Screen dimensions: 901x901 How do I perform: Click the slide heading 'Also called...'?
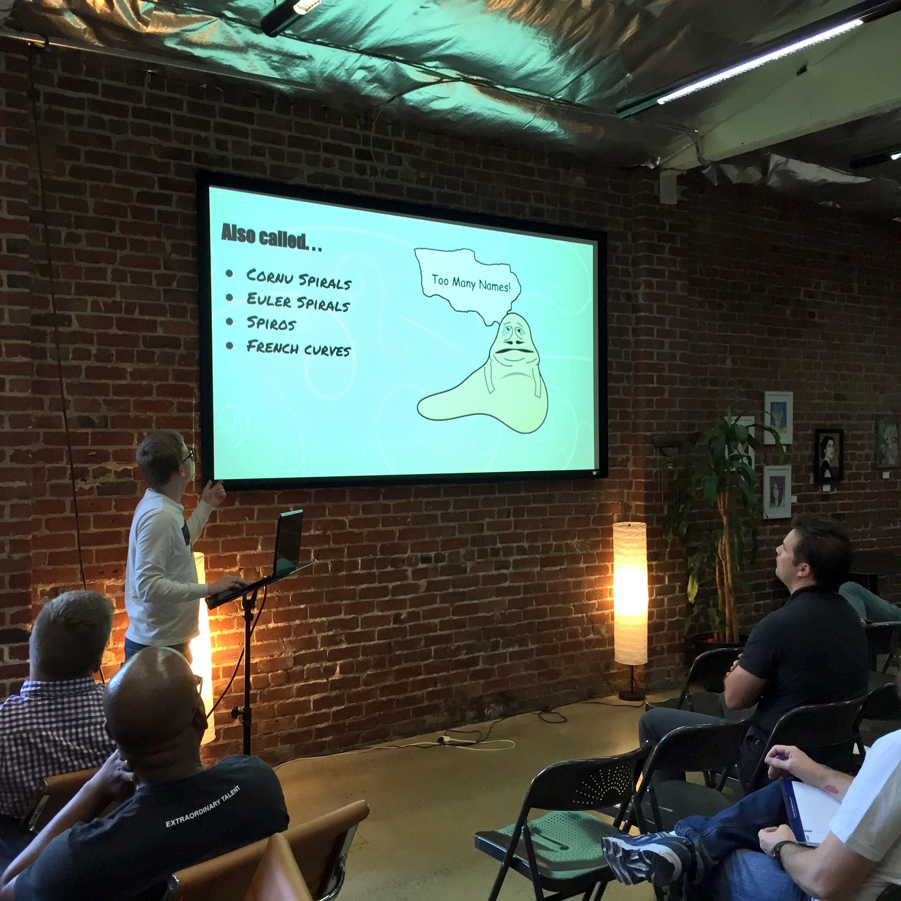coord(271,238)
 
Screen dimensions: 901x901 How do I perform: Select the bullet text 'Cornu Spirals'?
coord(299,278)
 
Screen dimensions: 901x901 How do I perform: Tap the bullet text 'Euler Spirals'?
coord(298,301)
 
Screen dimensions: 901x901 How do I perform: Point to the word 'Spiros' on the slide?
coord(271,323)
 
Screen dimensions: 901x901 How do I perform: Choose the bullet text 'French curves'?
coord(298,348)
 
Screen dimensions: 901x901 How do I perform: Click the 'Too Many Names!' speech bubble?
coord(468,285)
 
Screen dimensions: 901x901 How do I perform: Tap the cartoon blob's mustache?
coord(513,350)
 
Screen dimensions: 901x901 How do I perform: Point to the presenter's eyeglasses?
coord(188,455)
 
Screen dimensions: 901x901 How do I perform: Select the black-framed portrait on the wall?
coord(828,455)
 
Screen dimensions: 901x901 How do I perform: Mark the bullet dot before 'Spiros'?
coord(229,321)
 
